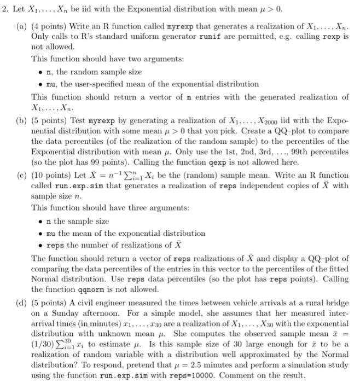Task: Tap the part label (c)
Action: click(20, 175)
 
